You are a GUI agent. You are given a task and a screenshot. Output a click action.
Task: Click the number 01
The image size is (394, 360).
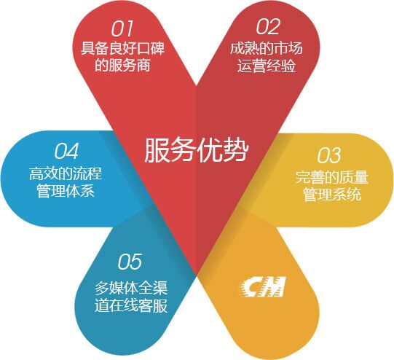point(122,28)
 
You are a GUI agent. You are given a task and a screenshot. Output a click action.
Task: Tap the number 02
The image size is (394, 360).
point(268,26)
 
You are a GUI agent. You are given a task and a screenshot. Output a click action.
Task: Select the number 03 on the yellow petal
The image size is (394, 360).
point(329,155)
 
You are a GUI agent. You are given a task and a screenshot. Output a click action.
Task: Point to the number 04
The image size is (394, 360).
point(66,151)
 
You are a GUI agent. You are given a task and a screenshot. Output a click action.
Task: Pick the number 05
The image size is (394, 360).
point(130,262)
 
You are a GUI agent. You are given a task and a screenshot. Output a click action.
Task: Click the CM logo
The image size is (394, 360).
point(262,286)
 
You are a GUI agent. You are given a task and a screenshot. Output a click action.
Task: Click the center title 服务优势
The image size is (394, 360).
point(197,150)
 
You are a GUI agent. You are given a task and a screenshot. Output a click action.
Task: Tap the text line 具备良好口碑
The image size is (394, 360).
point(122,48)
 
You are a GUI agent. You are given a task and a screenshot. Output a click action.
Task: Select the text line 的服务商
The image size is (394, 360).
point(122,65)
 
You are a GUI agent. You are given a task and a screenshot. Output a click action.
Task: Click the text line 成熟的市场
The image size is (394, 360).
point(267,48)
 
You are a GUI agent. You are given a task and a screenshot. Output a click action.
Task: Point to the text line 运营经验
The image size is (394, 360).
point(267,66)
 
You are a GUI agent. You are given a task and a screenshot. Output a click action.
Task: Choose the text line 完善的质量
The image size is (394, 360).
point(331,177)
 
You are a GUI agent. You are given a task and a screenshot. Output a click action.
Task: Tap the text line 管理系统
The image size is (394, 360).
point(331,194)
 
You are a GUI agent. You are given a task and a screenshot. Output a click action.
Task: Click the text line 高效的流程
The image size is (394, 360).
point(66,173)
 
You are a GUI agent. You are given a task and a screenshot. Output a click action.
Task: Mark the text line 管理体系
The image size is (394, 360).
point(66,191)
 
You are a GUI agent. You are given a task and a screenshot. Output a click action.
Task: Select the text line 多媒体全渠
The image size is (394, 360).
point(131,288)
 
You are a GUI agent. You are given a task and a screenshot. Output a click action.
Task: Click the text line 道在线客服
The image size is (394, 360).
point(131,305)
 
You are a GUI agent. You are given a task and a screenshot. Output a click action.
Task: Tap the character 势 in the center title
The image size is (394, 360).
point(236,150)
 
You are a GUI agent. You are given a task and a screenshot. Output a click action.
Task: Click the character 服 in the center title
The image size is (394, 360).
point(157,150)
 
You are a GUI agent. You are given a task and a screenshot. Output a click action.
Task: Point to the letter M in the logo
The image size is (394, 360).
point(273,286)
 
